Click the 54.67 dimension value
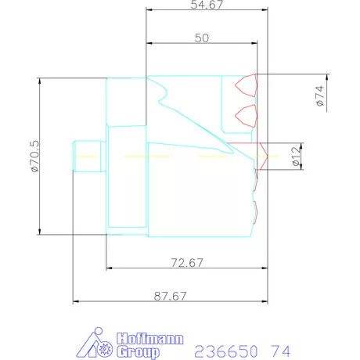[x=207, y=5]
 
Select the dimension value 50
[x=202, y=38]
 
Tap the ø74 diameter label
[x=320, y=95]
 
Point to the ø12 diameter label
[x=297, y=156]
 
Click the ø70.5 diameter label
[x=34, y=157]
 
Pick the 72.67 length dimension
[x=187, y=262]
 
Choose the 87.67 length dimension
[x=170, y=296]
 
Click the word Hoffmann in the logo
[x=150, y=339]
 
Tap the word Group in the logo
[x=138, y=352]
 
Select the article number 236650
[x=226, y=351]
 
